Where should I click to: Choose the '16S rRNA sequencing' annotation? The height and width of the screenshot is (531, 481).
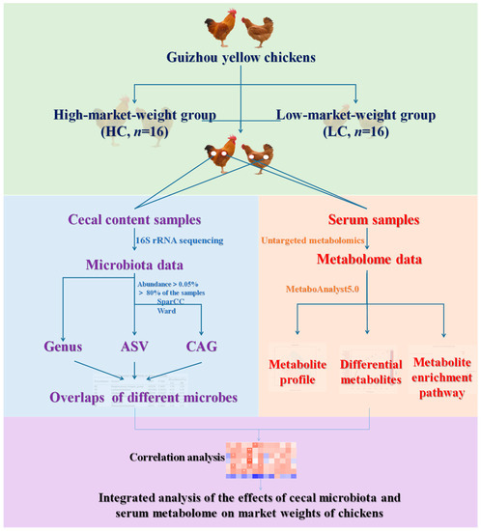click(x=185, y=239)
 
